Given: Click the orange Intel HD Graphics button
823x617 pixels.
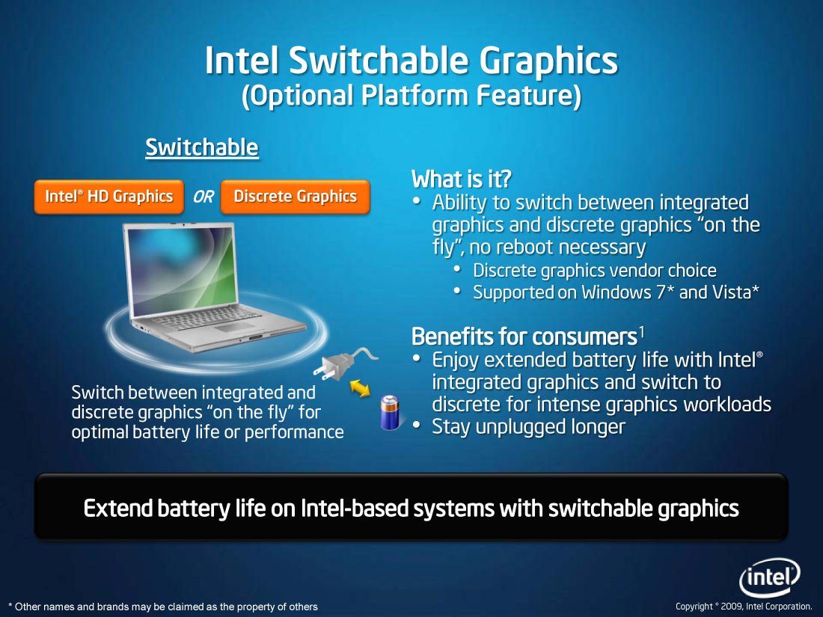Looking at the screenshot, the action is coord(109,197).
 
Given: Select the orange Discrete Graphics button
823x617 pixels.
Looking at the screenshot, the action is coord(295,197).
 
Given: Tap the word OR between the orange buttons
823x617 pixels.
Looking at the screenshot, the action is coord(203,197).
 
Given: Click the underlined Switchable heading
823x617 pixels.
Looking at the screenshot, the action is coord(202,147).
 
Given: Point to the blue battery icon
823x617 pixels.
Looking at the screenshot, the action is coord(390,413).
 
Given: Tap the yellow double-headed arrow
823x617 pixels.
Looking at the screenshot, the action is coord(360,388).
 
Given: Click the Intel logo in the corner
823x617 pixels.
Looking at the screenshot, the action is coord(770,577).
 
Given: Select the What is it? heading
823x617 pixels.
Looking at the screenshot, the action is coord(461,179).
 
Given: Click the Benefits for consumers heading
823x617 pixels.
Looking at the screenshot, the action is coord(524,337).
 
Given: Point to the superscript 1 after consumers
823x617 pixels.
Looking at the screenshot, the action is coord(641,332).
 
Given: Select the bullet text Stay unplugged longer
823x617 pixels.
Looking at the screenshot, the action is coord(528,426).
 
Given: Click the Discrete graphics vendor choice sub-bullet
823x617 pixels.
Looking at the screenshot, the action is coord(595,271).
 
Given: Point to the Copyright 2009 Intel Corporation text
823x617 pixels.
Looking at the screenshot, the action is coord(744,607).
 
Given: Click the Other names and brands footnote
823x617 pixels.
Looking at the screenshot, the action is coord(163,607).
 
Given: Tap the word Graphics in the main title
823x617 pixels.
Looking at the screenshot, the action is coord(548,61).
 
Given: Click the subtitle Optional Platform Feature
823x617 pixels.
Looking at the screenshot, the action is coord(411,96).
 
